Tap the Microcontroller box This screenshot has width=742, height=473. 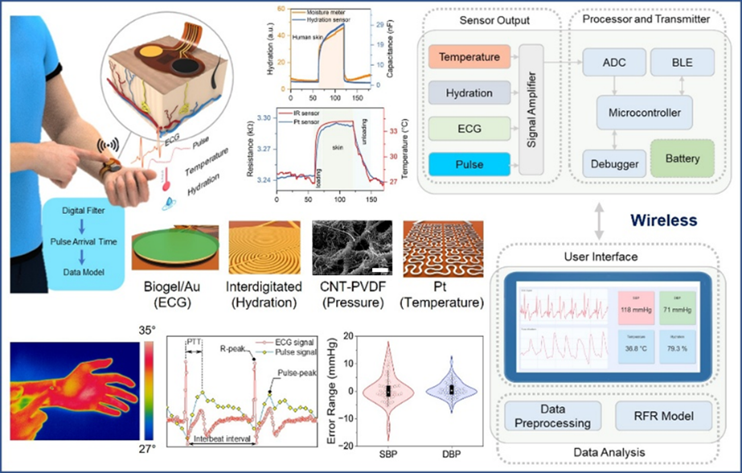(x=645, y=113)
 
